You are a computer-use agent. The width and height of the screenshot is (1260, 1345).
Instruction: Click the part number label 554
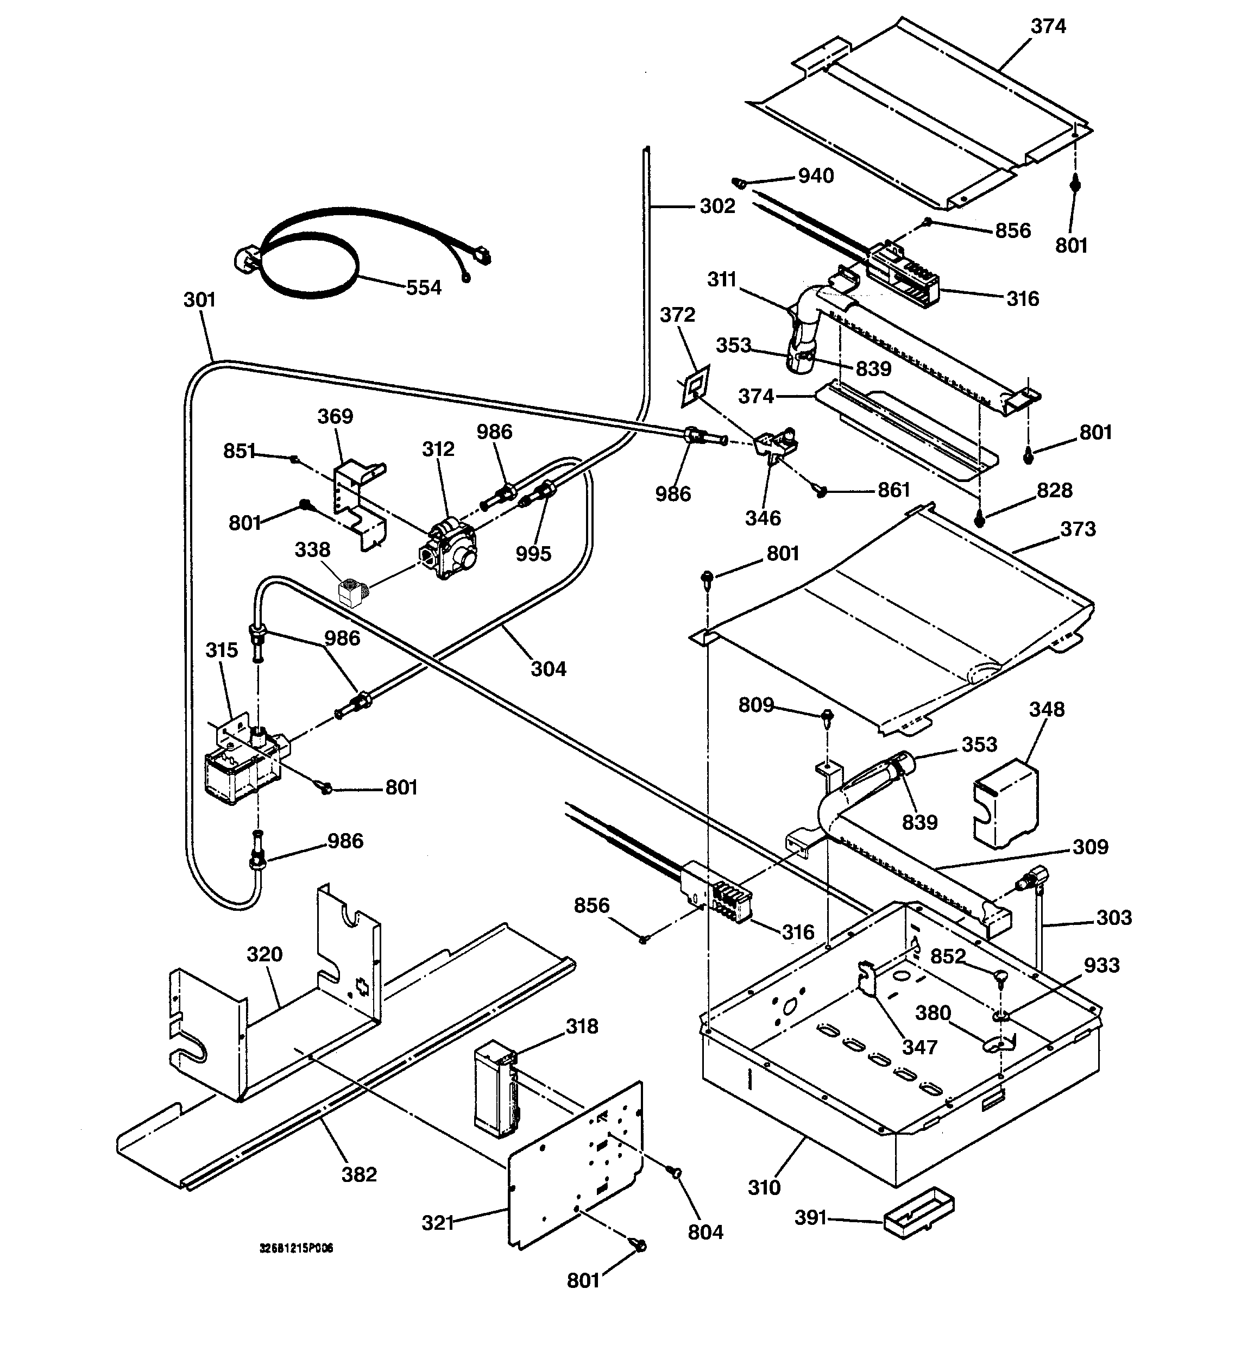click(424, 287)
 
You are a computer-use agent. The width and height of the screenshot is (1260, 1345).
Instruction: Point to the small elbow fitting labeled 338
click(352, 591)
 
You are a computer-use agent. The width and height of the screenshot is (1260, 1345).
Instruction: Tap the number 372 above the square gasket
click(678, 315)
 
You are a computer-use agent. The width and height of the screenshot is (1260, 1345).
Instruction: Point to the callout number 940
click(816, 176)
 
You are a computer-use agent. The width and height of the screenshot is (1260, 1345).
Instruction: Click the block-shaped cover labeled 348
click(1005, 802)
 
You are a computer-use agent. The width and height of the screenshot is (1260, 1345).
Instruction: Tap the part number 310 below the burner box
click(764, 1187)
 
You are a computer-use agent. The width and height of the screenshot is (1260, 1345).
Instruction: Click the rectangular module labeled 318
click(495, 1089)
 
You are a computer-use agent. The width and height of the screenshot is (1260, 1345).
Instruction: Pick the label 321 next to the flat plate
click(438, 1223)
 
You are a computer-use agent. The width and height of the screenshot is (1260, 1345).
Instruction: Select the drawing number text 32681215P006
click(296, 1248)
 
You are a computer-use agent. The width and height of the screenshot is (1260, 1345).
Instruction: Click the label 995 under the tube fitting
click(534, 554)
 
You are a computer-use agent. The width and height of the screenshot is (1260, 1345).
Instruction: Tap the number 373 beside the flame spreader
click(1078, 529)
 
